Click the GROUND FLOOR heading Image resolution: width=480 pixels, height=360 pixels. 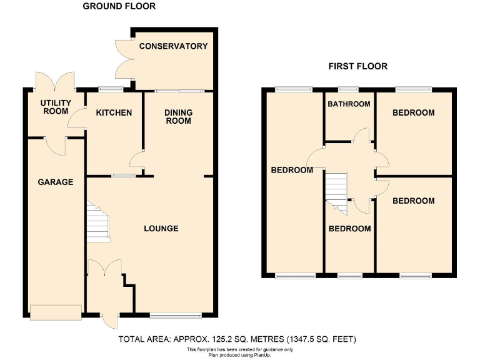click(119, 6)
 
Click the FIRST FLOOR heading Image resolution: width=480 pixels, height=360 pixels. click(358, 66)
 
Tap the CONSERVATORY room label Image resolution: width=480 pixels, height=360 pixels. click(173, 46)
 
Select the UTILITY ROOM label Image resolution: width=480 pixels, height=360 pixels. click(56, 107)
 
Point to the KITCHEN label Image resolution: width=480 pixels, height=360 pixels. click(114, 113)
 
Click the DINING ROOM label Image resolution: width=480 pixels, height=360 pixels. click(178, 117)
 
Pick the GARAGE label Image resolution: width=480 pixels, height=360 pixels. click(55, 182)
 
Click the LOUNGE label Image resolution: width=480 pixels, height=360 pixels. click(161, 229)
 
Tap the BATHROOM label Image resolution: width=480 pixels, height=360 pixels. click(349, 104)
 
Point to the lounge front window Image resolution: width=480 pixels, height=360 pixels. click(176, 314)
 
